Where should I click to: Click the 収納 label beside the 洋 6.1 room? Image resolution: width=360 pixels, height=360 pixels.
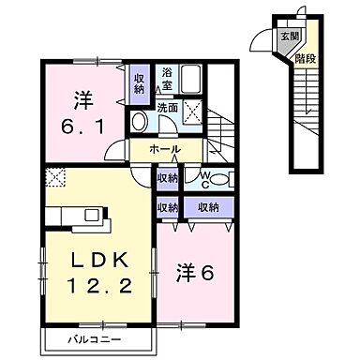(x=139, y=83)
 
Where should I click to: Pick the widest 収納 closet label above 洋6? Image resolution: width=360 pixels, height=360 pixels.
(x=207, y=206)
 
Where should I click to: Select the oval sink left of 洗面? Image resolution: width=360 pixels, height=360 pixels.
(x=139, y=120)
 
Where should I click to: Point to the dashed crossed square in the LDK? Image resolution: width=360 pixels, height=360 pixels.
(x=52, y=175)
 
